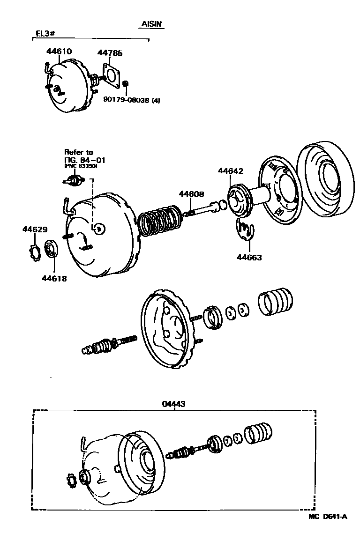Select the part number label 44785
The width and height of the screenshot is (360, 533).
pyautogui.click(x=110, y=53)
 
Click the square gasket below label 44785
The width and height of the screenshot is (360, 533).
pyautogui.click(x=112, y=76)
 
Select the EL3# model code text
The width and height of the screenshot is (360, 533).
pyautogui.click(x=46, y=34)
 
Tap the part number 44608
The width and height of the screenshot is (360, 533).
pyautogui.click(x=190, y=194)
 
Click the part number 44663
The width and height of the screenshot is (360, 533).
pyautogui.click(x=249, y=257)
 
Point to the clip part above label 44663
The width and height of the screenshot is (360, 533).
pyautogui.click(x=244, y=230)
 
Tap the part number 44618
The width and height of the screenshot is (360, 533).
pyautogui.click(x=54, y=278)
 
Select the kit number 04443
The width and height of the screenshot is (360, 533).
pyautogui.click(x=174, y=403)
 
